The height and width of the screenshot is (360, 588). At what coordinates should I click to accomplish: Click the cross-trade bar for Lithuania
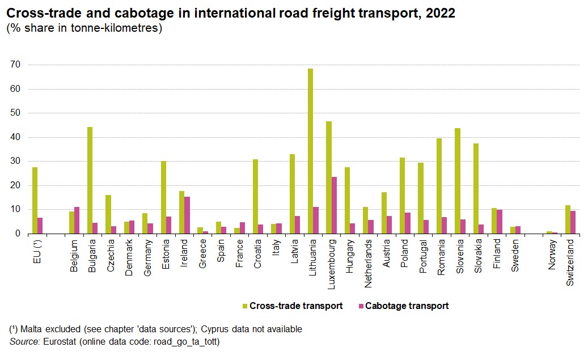pyautogui.click(x=310, y=151)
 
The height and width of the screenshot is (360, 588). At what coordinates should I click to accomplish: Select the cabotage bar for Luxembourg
pyautogui.click(x=334, y=205)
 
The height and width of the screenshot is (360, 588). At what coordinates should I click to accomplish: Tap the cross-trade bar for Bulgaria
pyautogui.click(x=90, y=180)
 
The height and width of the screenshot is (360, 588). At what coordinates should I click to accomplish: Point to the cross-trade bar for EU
pyautogui.click(x=35, y=200)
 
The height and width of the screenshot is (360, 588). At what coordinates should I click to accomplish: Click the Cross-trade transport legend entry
pyautogui.click(x=295, y=306)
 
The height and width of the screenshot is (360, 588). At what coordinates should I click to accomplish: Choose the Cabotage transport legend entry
pyautogui.click(x=406, y=306)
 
